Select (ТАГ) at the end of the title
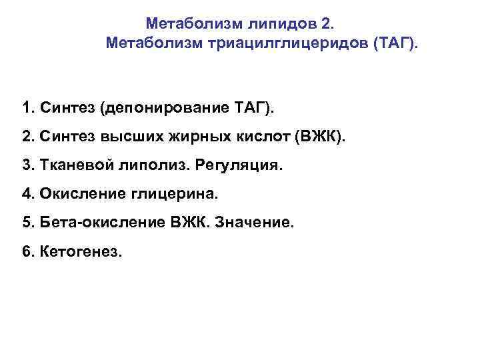click(x=397, y=45)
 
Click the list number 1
click(x=27, y=108)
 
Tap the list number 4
click(x=27, y=194)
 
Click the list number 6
click(x=27, y=252)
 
